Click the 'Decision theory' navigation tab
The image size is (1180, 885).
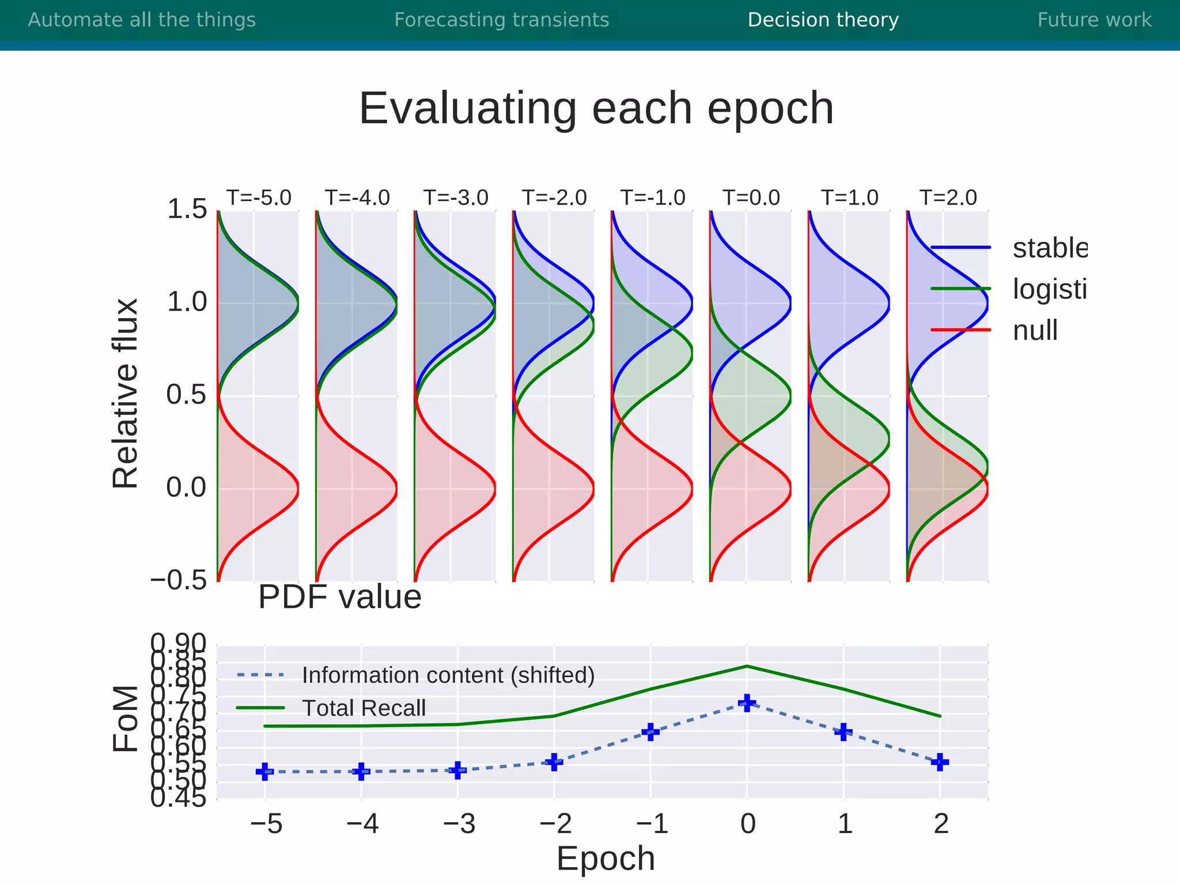tap(823, 20)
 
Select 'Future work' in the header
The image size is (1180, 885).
tap(1094, 20)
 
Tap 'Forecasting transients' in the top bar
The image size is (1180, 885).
tap(501, 20)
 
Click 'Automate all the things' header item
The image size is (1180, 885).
tap(142, 20)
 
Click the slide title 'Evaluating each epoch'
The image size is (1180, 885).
tap(596, 108)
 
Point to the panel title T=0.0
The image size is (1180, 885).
tap(751, 198)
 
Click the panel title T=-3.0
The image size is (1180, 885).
tap(455, 198)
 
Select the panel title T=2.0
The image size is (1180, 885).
tap(948, 198)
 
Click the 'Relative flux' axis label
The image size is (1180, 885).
tap(126, 394)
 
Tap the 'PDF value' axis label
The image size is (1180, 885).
tap(339, 597)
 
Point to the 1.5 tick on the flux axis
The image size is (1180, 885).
tap(186, 209)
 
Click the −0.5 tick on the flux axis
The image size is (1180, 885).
tap(178, 580)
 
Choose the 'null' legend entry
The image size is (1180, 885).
tap(1035, 331)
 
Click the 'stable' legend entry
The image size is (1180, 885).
tap(1049, 248)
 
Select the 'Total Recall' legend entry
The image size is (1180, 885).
tap(364, 708)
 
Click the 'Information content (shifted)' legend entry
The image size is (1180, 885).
tap(448, 675)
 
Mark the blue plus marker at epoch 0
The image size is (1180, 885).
tap(747, 702)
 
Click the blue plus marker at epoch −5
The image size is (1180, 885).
tap(264, 771)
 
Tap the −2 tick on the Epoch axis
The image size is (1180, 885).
tap(555, 824)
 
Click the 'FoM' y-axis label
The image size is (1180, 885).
tap(126, 718)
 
